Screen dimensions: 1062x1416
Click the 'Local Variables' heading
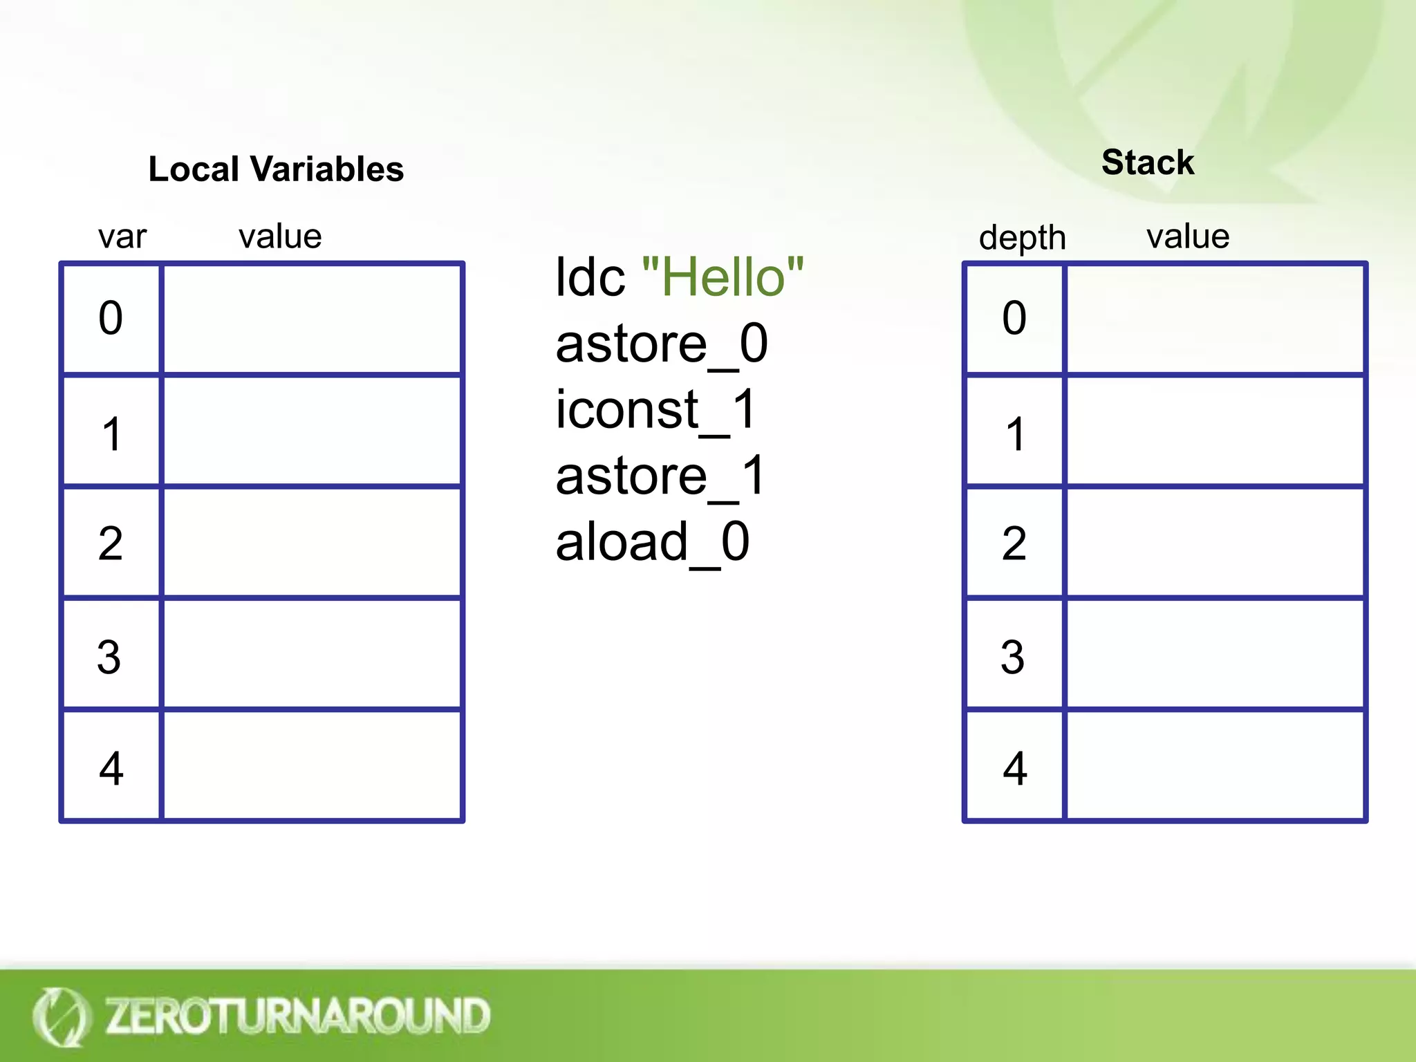[x=276, y=169]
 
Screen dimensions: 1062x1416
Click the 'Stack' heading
[x=1148, y=162]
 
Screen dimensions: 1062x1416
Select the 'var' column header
[x=122, y=236]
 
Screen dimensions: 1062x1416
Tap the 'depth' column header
[x=1022, y=238]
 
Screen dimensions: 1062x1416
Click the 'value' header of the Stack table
[x=1188, y=236]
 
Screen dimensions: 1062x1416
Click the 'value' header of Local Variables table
[x=280, y=236]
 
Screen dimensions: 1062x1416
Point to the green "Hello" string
[x=723, y=277]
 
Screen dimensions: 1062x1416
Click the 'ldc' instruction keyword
[x=590, y=277]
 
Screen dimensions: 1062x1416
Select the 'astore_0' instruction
[x=662, y=344]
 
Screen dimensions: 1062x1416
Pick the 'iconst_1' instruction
[x=656, y=410]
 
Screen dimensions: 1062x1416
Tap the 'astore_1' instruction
[x=660, y=476]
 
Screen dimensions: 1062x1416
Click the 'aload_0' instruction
[x=653, y=542]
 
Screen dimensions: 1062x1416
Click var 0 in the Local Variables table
[x=111, y=318]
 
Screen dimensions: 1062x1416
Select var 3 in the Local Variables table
[x=109, y=657]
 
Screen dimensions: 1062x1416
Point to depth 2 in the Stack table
[x=1014, y=543]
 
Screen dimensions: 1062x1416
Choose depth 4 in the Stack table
[x=1014, y=768]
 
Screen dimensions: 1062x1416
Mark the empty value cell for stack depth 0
[x=1215, y=319]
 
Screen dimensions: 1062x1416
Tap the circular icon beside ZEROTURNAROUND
[x=61, y=1016]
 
